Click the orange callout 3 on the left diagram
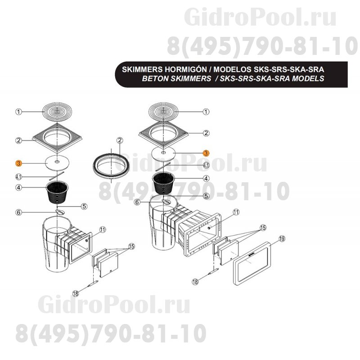pos(18,163)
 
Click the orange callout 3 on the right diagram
pos(206,153)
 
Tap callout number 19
pos(282,239)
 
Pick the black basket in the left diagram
pos(57,193)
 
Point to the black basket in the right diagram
pos(163,183)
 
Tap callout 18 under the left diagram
pos(76,293)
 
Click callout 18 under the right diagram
pos(195,282)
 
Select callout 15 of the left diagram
pos(131,247)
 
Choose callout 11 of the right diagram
pos(236,212)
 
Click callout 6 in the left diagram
pos(19,212)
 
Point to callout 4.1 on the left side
pos(18,177)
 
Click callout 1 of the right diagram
pos(206,112)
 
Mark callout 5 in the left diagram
pos(84,206)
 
